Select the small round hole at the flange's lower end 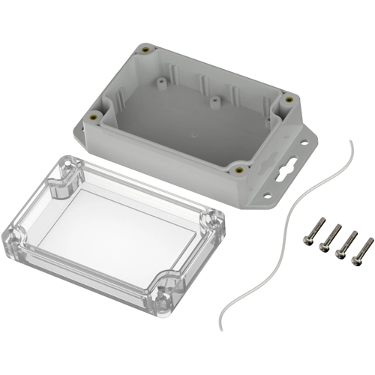click(x=266, y=198)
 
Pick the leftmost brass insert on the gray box click(x=94, y=116)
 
